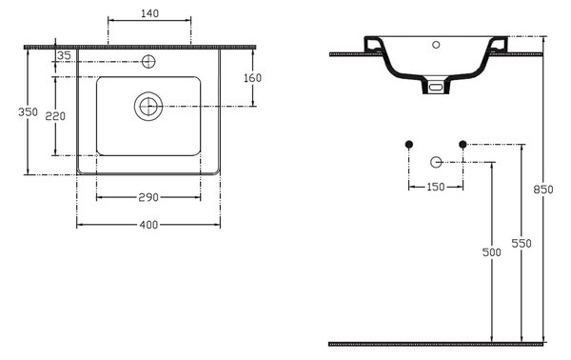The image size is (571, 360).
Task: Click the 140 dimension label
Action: (149, 13)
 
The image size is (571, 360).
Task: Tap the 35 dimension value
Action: (64, 56)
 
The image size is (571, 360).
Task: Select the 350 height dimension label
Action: (28, 111)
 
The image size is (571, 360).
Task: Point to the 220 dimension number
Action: (55, 116)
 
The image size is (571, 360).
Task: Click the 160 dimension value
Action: (253, 77)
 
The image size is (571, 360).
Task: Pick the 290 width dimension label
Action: (148, 197)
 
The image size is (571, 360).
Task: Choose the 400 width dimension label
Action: (149, 225)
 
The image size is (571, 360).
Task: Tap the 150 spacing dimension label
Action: (436, 187)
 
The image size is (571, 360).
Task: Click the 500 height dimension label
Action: (492, 252)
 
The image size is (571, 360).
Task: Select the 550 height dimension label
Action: (522, 244)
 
